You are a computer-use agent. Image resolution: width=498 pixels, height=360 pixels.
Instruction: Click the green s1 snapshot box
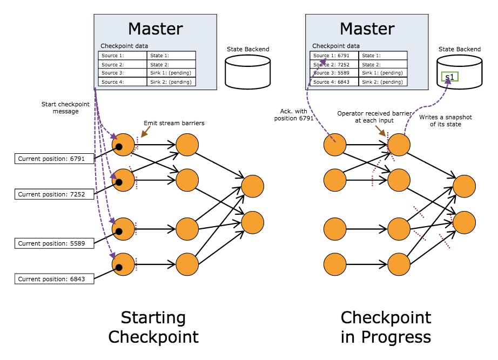click(449, 77)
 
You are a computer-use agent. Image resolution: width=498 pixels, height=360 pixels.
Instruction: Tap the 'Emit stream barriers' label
click(174, 123)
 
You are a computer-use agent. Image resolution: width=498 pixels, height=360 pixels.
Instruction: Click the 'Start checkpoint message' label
click(60, 107)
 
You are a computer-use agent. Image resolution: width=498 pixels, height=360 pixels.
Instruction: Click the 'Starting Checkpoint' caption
click(153, 327)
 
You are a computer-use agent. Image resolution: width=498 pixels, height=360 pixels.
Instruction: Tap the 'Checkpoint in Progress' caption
click(386, 327)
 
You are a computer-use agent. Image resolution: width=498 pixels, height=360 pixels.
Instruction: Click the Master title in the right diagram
click(367, 28)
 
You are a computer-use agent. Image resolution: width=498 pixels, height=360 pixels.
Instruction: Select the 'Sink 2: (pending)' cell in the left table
click(171, 82)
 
